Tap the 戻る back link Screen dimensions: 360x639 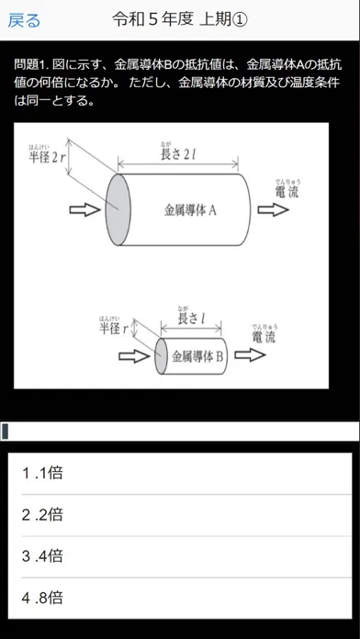pyautogui.click(x=24, y=20)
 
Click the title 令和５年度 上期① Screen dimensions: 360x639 pyautogui.click(x=180, y=19)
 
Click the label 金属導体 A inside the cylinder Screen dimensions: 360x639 pyautogui.click(x=190, y=210)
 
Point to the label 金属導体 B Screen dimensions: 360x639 pyautogui.click(x=197, y=356)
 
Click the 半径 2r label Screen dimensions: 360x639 pyautogui.click(x=46, y=156)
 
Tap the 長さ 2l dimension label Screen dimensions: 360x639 pyautogui.click(x=178, y=152)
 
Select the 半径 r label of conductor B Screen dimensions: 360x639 pyautogui.click(x=114, y=326)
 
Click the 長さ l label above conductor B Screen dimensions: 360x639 pyautogui.click(x=191, y=317)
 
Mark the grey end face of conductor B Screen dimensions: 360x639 pyautogui.click(x=161, y=356)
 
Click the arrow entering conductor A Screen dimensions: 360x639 pyautogui.click(x=84, y=210)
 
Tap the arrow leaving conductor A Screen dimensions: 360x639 pyautogui.click(x=273, y=210)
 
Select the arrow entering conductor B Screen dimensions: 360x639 pyautogui.click(x=134, y=356)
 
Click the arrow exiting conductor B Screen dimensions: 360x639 pyautogui.click(x=250, y=355)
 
